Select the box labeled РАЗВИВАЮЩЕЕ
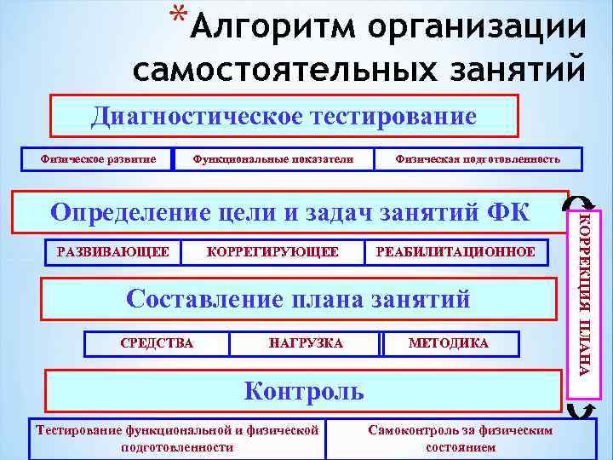pos(112,252)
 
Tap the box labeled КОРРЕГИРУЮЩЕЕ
pos(272,252)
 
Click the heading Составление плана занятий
pos(298,298)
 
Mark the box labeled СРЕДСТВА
pos(157,343)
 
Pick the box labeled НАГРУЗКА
pos(306,343)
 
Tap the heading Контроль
pos(304,390)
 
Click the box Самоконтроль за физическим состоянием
pos(460,438)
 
